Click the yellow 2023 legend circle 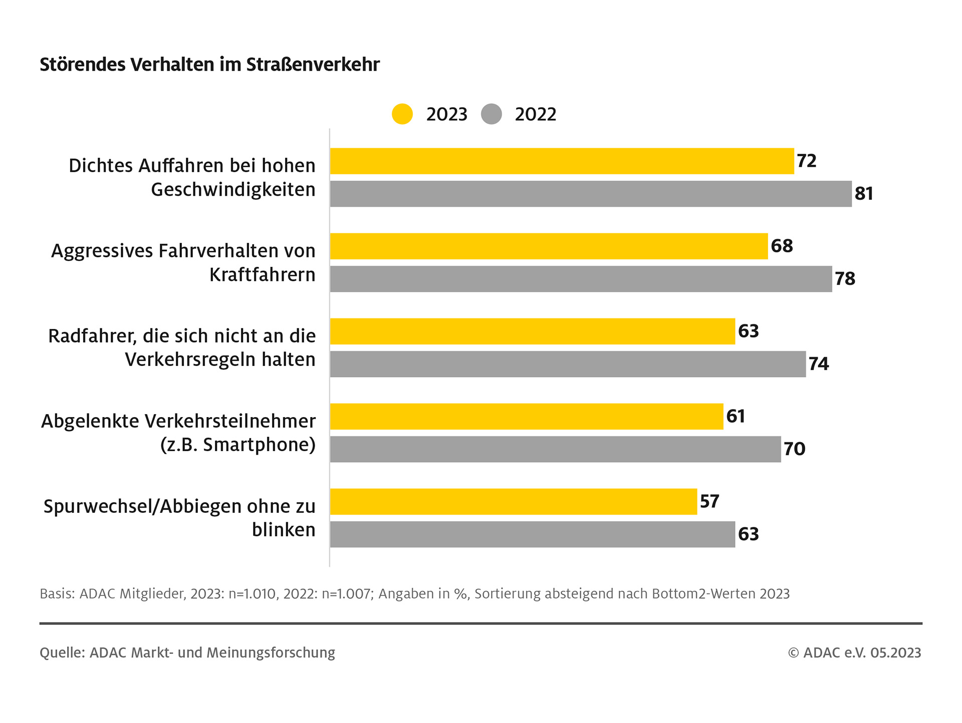pyautogui.click(x=402, y=114)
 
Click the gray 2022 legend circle pyautogui.click(x=491, y=114)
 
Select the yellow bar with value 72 pyautogui.click(x=562, y=161)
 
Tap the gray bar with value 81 pyautogui.click(x=591, y=194)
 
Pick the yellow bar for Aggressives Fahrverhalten pyautogui.click(x=549, y=246)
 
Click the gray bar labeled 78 pyautogui.click(x=581, y=279)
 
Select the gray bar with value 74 pyautogui.click(x=568, y=364)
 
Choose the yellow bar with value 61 pyautogui.click(x=527, y=417)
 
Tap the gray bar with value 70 pyautogui.click(x=555, y=449)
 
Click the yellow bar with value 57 pyautogui.click(x=514, y=502)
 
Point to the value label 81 pyautogui.click(x=864, y=194)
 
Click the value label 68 pyautogui.click(x=782, y=246)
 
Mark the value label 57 pyautogui.click(x=709, y=502)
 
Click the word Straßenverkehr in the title pyautogui.click(x=313, y=65)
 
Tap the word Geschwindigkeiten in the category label pyautogui.click(x=233, y=190)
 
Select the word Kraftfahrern pyautogui.click(x=262, y=275)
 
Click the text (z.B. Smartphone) pyautogui.click(x=238, y=445)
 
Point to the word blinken pyautogui.click(x=284, y=530)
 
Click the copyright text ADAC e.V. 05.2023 pyautogui.click(x=862, y=653)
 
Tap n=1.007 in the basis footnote pyautogui.click(x=345, y=594)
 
